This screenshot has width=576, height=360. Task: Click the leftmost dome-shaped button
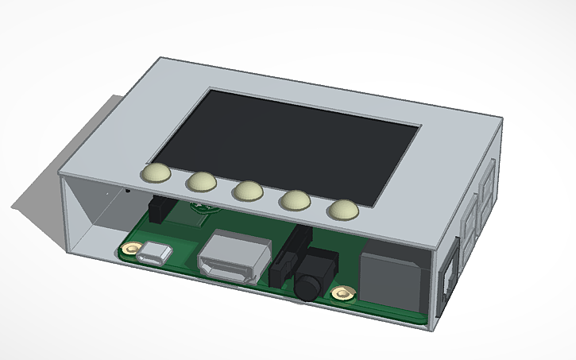click(x=156, y=173)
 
